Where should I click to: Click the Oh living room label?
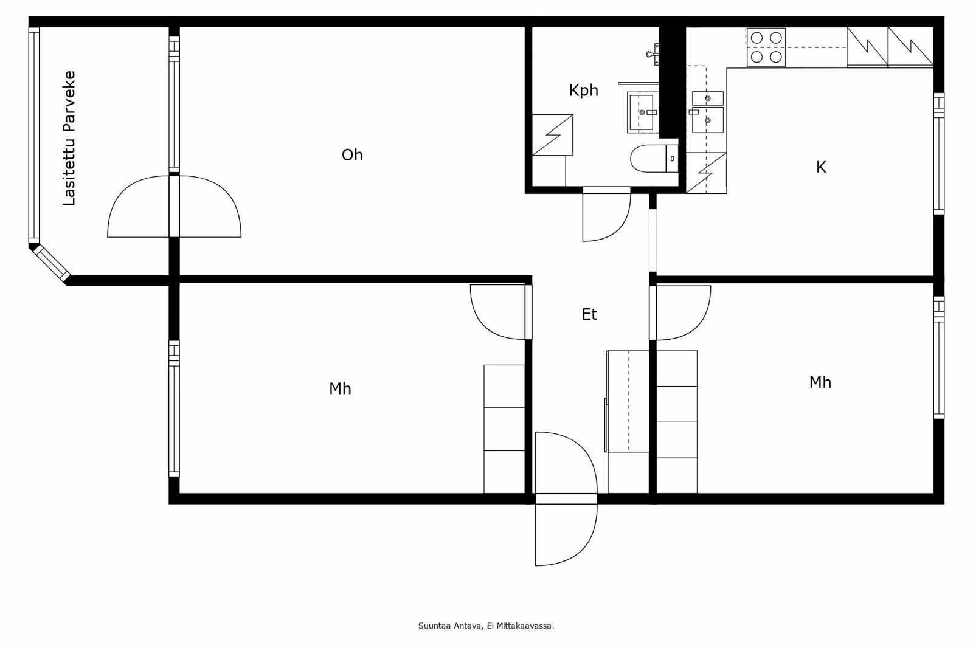(352, 155)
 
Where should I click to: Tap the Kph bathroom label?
(583, 91)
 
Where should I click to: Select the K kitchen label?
(820, 167)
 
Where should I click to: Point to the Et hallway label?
(589, 314)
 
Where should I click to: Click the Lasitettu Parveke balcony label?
(69, 138)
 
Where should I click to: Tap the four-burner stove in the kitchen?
(766, 47)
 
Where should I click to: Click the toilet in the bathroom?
(654, 159)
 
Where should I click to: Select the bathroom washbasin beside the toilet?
(642, 112)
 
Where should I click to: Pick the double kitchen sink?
(708, 112)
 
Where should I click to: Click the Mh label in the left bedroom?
(340, 388)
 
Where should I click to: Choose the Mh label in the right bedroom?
(820, 382)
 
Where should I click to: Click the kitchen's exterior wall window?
(939, 153)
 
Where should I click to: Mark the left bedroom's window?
(174, 408)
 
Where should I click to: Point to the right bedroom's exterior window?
(939, 357)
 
